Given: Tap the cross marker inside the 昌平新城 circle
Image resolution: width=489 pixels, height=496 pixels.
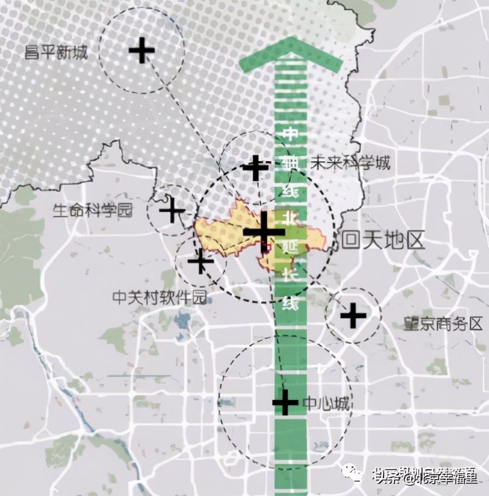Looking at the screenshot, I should (142, 50).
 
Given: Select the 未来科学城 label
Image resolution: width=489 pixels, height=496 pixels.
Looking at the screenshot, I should (350, 162).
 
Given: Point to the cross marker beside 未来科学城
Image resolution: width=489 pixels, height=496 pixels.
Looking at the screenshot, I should (255, 167).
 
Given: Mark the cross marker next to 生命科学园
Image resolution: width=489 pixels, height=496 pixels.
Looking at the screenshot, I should (172, 210).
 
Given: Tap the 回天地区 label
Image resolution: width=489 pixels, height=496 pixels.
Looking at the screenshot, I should (384, 241).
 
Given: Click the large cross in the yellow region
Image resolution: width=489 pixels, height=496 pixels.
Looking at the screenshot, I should (264, 232).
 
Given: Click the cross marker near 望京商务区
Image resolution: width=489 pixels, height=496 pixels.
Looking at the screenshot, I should (353, 316).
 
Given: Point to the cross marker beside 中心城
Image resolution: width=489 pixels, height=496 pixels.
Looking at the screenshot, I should (285, 403).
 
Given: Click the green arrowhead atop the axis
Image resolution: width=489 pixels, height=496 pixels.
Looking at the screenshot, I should (290, 55).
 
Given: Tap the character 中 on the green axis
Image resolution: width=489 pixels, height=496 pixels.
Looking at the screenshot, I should (290, 135).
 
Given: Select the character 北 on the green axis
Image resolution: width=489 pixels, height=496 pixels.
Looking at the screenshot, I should (290, 220).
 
